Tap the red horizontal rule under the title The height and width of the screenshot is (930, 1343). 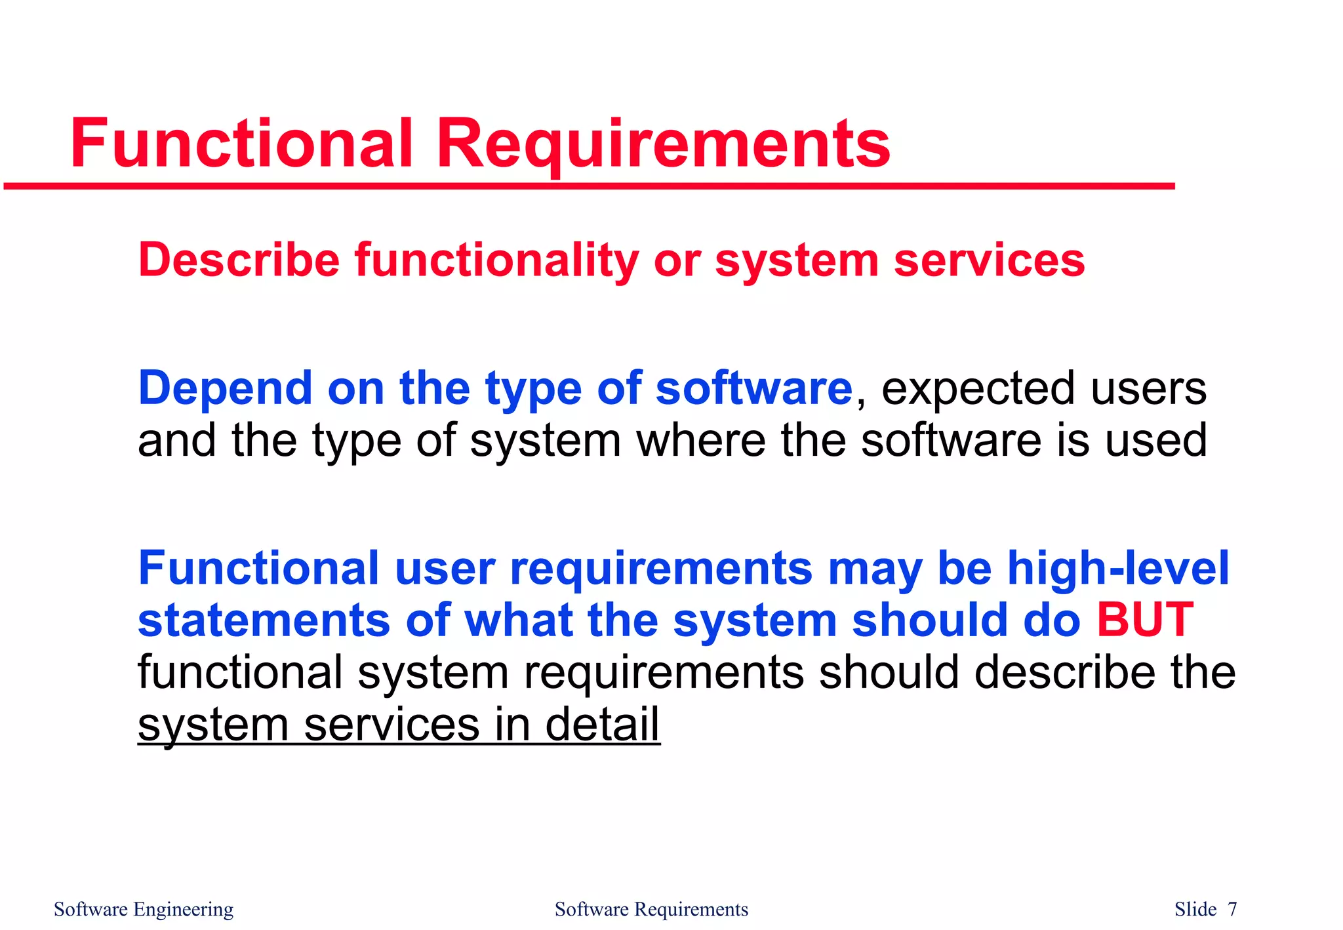tap(590, 187)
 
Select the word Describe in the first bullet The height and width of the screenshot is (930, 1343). tap(239, 260)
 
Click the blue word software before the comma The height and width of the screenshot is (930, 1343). tap(753, 388)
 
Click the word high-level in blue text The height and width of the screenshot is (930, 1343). tap(1117, 568)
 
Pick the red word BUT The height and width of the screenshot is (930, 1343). tap(1144, 620)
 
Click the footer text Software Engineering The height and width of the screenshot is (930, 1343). tap(144, 910)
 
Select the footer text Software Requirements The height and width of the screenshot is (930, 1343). tap(651, 910)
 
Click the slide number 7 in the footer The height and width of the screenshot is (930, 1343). tap(1232, 910)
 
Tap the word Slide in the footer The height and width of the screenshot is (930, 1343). tap(1195, 910)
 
